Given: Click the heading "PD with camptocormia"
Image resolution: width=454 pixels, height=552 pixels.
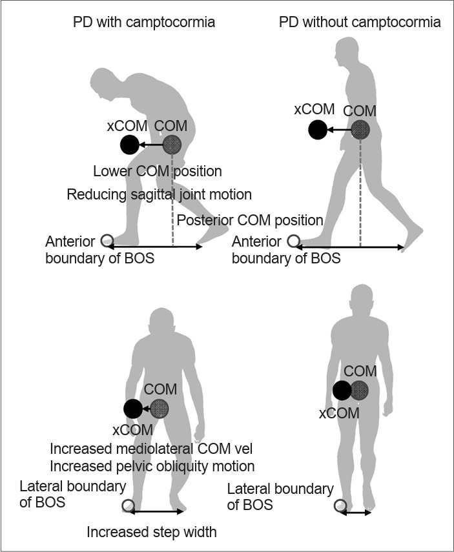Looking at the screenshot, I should [x=144, y=23].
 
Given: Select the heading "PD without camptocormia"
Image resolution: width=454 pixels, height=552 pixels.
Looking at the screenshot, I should [x=360, y=23].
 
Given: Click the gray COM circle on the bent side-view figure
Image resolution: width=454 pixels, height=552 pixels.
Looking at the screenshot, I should [x=173, y=145].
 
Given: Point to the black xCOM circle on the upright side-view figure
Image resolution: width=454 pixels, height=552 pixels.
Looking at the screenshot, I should [x=318, y=130].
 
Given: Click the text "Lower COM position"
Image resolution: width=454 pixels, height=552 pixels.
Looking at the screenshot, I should [x=158, y=172].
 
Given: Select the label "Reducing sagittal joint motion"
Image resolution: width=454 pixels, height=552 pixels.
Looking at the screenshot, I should [x=159, y=194].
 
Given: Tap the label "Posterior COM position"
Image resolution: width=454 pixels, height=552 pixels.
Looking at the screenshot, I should [x=250, y=220].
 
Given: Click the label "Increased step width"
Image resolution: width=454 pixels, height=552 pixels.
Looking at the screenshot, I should [x=152, y=533].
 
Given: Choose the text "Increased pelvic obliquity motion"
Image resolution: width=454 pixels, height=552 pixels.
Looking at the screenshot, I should [x=152, y=466].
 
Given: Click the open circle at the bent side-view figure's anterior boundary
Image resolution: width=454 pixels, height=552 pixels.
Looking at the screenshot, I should [x=106, y=243].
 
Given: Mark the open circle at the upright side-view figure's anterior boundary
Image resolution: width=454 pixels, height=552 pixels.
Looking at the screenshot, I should [x=294, y=242].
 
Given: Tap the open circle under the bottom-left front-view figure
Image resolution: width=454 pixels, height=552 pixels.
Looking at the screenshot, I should [x=128, y=505].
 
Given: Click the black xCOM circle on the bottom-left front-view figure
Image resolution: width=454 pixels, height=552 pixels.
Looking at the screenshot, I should [x=133, y=409].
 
